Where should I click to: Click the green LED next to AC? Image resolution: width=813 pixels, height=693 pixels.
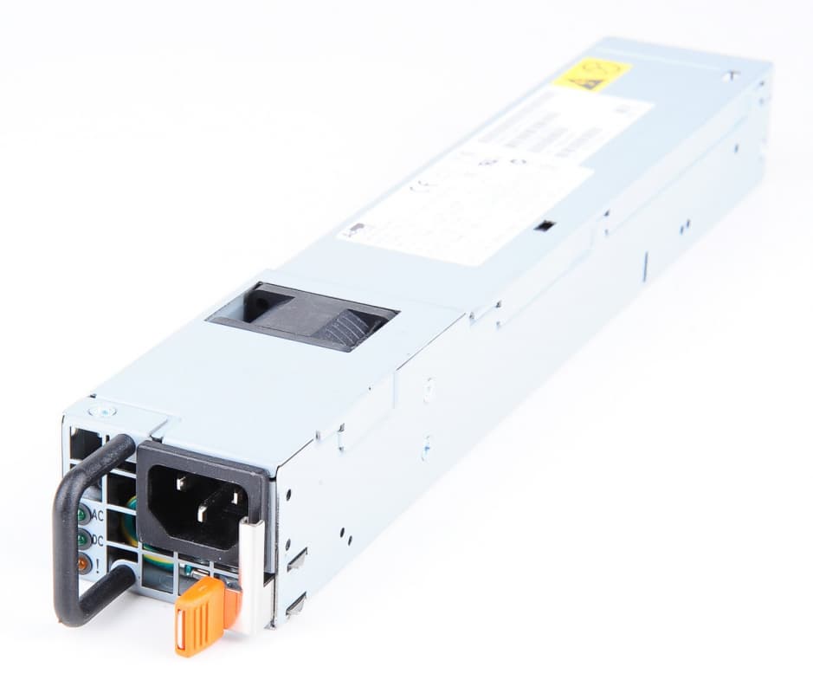pos(83,515)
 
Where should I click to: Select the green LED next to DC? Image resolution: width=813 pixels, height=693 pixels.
pos(84,540)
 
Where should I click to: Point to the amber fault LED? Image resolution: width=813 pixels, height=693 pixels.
pos(84,563)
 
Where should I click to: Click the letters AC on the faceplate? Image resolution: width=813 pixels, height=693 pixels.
pos(99,515)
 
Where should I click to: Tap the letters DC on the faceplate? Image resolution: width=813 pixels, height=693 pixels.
pos(100,539)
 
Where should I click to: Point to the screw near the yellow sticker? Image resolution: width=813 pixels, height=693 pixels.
pos(732,76)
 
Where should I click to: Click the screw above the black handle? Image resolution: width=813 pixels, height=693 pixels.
pos(103,412)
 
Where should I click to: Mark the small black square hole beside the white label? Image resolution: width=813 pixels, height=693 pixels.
pos(544,226)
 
